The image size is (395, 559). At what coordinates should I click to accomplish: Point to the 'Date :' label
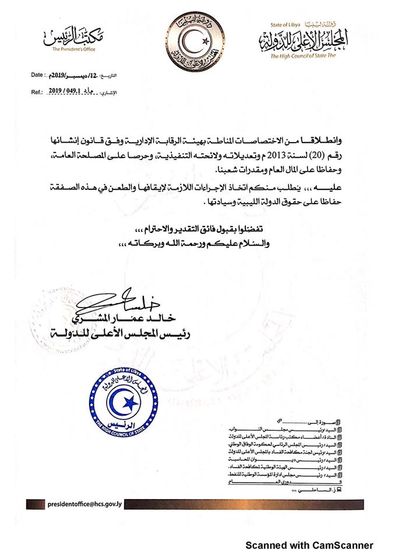pos(37,75)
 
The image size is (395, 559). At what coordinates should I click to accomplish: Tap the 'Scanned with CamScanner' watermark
pos(309,546)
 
